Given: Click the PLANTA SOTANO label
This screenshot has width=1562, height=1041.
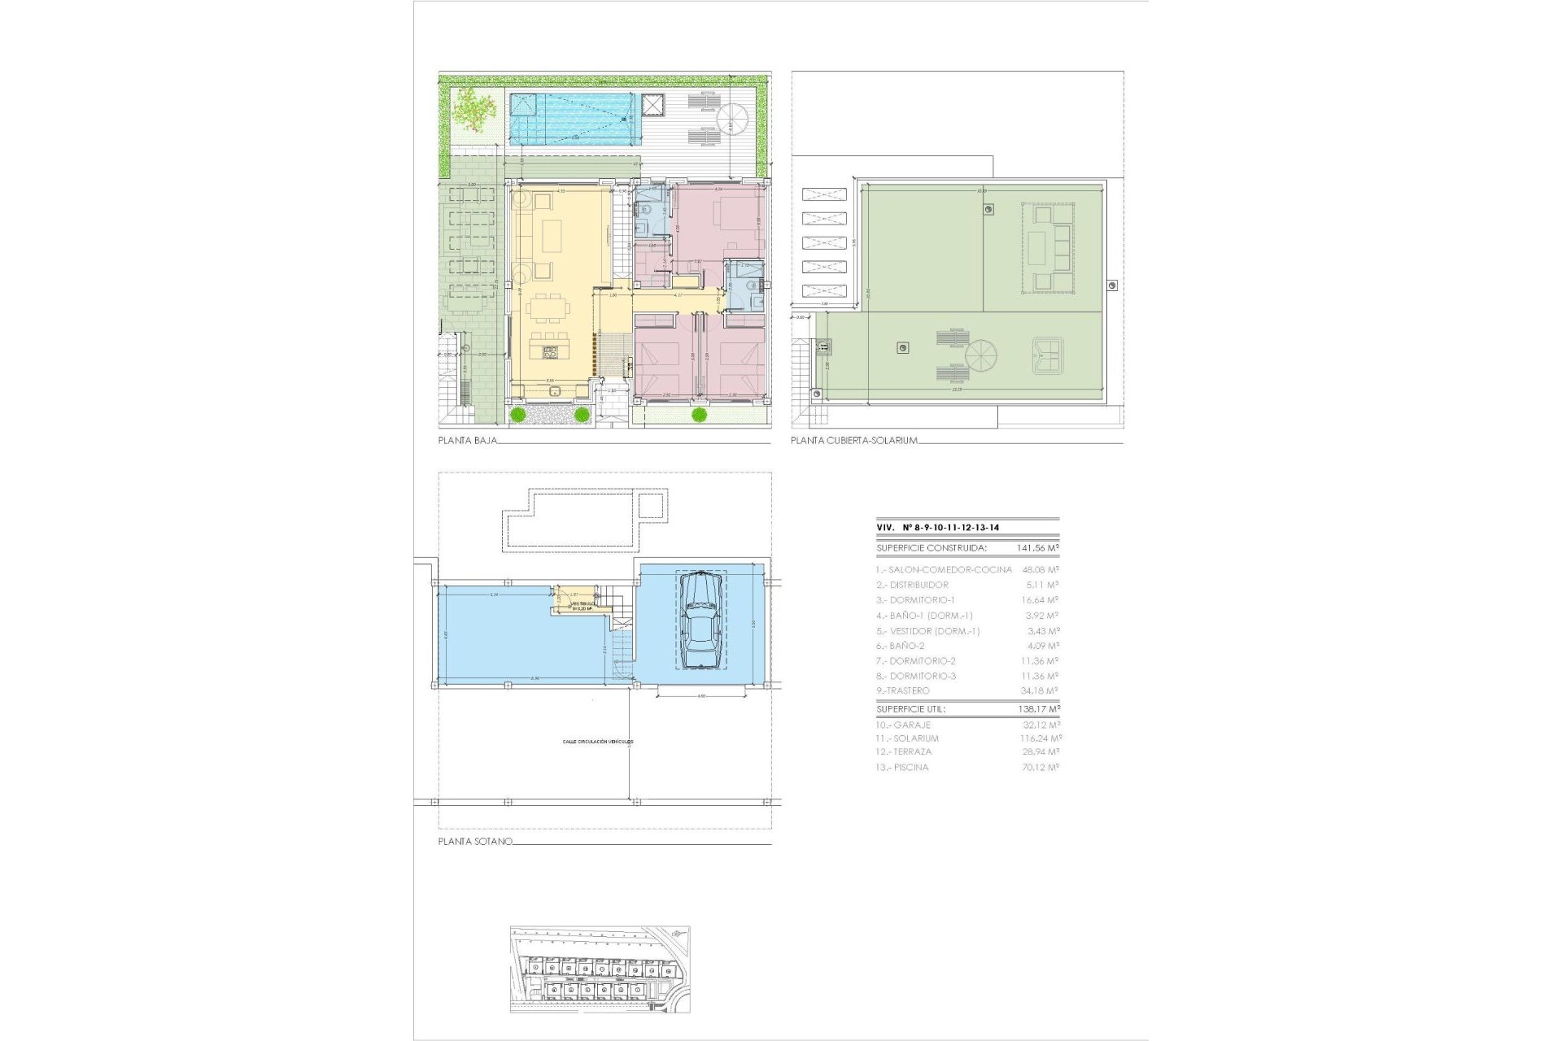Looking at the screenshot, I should (x=475, y=842).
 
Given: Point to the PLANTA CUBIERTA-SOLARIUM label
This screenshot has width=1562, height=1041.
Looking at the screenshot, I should (x=854, y=441).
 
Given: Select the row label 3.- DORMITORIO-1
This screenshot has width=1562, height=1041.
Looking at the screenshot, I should (x=915, y=600).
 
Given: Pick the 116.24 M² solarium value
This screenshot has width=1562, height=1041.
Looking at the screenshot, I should (x=1041, y=738).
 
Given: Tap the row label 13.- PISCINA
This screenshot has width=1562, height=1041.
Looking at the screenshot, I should (x=902, y=767).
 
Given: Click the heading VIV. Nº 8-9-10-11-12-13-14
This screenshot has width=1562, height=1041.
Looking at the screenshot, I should (x=937, y=528).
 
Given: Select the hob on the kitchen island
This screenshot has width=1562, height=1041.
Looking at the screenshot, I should (x=549, y=352).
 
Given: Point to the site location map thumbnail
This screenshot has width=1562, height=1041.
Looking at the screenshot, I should (x=600, y=969).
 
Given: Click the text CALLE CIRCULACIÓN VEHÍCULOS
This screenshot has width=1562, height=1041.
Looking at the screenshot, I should (x=597, y=742).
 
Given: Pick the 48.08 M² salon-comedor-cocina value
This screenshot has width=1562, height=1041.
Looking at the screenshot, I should (x=1041, y=570).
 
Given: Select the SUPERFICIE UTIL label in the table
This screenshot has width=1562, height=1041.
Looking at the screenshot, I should (x=910, y=709).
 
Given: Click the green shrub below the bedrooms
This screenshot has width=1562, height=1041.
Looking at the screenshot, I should (x=698, y=415).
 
